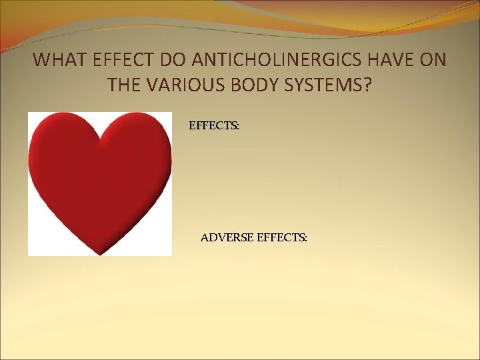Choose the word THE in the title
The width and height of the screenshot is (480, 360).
coord(125,85)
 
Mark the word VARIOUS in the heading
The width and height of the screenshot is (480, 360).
coord(187,85)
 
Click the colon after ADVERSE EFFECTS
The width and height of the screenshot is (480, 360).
coord(306,237)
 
